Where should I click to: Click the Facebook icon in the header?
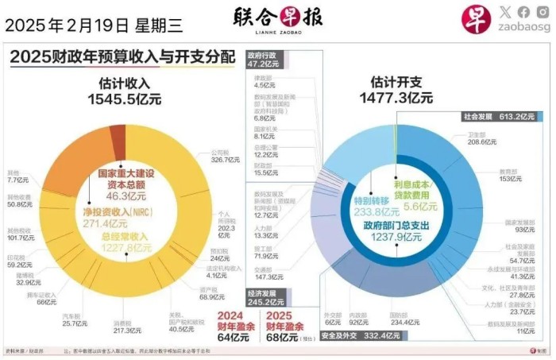(x=523, y=12)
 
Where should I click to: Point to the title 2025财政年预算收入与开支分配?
(x=123, y=57)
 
